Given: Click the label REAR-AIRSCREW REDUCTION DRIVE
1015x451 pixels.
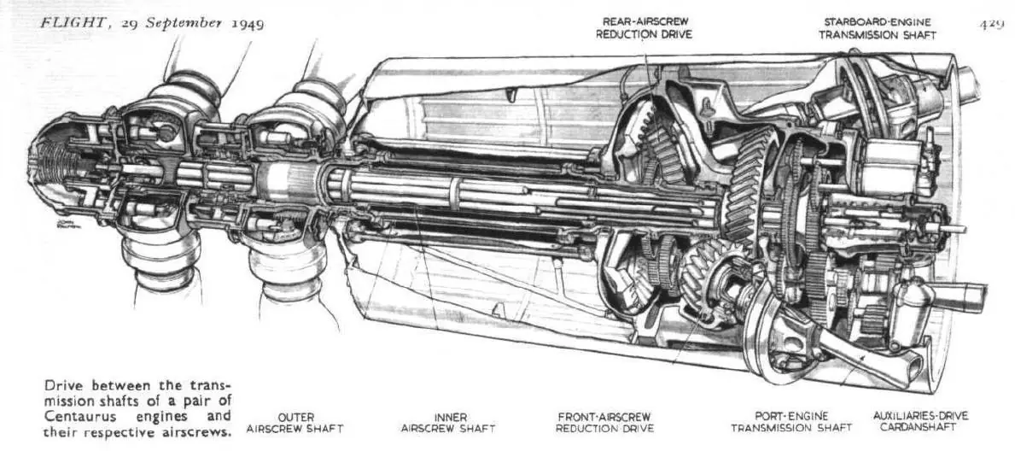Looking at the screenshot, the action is point(644,28).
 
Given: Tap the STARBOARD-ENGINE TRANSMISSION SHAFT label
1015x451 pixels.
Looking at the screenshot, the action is point(878,28).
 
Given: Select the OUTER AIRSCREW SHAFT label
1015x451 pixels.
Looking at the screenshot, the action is point(295,423).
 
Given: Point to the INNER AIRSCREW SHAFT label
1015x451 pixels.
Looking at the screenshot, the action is point(448,423).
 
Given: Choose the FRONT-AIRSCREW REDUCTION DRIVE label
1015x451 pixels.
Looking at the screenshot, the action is point(604,423).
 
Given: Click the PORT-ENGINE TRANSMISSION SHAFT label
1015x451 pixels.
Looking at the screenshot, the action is point(791,422).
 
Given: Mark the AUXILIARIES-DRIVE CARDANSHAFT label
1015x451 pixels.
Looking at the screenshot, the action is point(920,421).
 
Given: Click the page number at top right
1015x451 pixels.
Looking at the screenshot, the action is point(991,25).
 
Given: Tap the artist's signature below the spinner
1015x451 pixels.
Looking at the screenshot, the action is point(67,224).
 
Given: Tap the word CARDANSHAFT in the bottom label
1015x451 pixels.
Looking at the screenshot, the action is point(920,428).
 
